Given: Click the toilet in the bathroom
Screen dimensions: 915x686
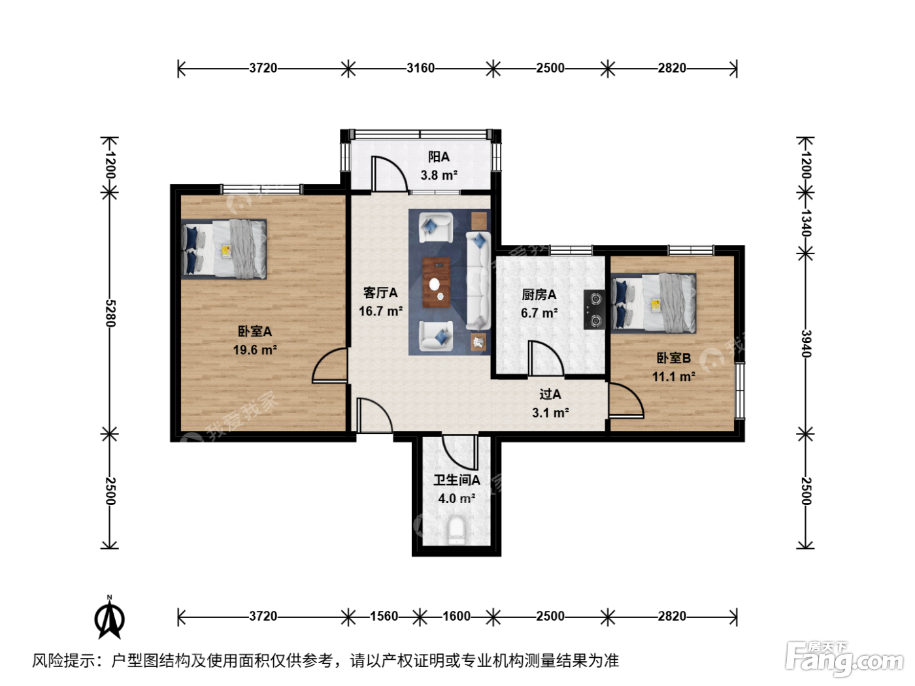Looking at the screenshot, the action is (x=456, y=531).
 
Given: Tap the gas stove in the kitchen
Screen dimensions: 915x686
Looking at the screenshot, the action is (x=594, y=310).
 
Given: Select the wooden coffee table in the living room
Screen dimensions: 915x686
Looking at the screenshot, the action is (x=436, y=282).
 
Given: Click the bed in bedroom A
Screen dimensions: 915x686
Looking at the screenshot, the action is (x=224, y=249).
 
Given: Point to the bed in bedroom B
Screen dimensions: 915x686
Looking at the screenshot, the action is (x=654, y=302).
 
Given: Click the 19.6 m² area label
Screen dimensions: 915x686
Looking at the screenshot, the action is (x=255, y=350).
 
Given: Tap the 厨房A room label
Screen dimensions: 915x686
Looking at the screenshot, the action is (x=539, y=295).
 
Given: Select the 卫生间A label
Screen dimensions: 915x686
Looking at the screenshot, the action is (x=457, y=480).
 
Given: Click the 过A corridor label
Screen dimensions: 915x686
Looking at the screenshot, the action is (x=550, y=393).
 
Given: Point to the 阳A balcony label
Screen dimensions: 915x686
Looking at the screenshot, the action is (x=439, y=157).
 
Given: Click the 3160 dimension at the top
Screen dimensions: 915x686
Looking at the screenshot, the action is (x=421, y=68).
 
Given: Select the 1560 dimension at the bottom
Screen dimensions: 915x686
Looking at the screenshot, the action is (x=384, y=616).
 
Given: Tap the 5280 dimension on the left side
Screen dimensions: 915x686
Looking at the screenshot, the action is (x=110, y=313).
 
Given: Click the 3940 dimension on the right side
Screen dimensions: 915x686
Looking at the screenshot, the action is (x=807, y=344).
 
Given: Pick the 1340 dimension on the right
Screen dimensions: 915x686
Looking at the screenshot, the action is (x=807, y=223).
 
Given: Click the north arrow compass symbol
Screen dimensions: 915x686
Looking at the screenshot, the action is (x=110, y=617).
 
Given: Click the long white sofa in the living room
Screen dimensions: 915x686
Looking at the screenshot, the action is (x=478, y=281).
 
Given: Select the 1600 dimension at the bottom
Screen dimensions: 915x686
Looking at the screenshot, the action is (x=456, y=616).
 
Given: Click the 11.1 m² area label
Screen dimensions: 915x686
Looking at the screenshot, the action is (x=674, y=376).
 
